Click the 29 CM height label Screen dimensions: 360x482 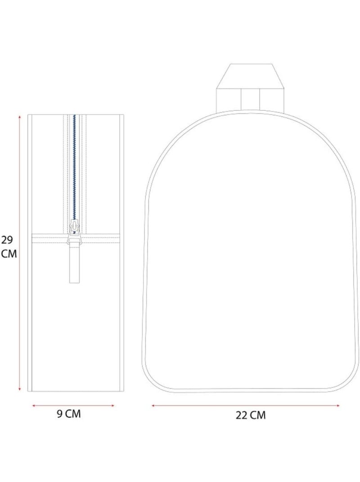[9, 247]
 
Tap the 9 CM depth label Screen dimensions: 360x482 [69, 414]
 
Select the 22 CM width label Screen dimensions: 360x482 [251, 415]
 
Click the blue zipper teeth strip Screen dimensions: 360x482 [74, 167]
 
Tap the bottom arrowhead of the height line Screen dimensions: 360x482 [20, 390]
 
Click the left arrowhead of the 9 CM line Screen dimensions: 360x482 [34, 406]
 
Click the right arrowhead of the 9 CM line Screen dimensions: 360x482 [113, 406]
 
